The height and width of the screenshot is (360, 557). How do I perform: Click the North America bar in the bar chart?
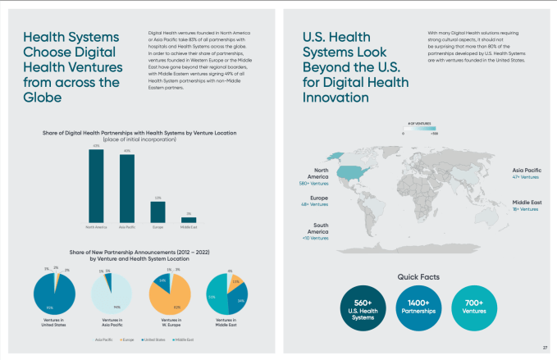pos(96,185)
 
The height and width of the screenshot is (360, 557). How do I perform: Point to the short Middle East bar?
pos(189,219)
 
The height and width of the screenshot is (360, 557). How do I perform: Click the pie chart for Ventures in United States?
pos(54,294)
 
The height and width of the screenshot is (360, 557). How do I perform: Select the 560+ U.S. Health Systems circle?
pos(359,308)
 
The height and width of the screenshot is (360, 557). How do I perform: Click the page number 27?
pos(534,348)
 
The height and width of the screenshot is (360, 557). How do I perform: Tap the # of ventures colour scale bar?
pos(419,128)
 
